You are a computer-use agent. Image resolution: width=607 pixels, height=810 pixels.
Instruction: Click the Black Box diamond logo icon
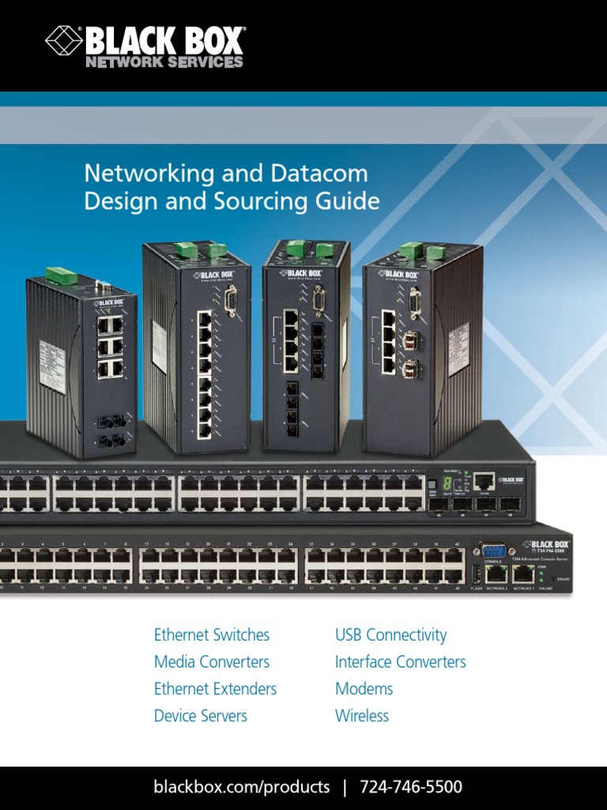(64, 40)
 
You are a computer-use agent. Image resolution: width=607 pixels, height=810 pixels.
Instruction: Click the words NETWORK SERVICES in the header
(164, 62)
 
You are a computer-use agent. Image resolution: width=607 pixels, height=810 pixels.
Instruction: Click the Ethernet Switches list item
(212, 635)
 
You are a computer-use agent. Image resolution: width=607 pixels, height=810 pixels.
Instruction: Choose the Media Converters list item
(212, 662)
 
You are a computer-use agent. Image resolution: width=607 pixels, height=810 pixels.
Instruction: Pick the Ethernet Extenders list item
(215, 689)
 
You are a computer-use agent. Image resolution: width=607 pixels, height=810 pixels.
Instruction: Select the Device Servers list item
(201, 716)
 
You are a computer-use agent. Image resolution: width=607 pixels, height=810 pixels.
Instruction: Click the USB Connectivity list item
(390, 635)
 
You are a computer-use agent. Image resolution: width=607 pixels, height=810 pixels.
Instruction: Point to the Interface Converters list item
(400, 662)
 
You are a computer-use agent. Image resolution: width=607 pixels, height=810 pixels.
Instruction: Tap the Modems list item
(364, 689)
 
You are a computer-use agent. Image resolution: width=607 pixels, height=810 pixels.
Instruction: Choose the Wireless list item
(362, 716)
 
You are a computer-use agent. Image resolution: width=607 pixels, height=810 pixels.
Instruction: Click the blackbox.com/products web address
(242, 787)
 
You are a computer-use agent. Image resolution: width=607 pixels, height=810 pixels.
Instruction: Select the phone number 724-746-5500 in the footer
(411, 787)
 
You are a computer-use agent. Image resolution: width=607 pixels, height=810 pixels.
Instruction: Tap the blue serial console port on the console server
(493, 551)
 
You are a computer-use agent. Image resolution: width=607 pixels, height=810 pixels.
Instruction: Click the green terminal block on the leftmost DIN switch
(61, 275)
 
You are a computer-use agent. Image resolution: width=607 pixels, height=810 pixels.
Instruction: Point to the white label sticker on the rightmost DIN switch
(459, 343)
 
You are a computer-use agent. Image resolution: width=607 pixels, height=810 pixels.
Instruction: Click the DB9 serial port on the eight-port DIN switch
(232, 301)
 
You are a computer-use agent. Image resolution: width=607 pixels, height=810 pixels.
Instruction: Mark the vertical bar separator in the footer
(345, 787)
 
